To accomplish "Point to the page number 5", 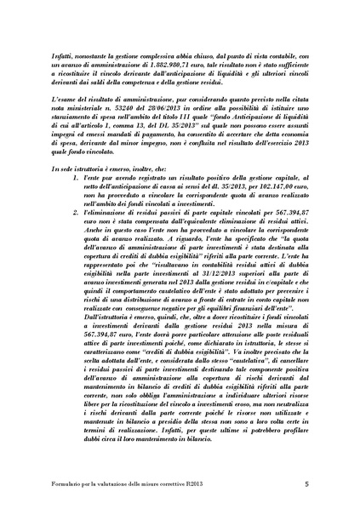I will click(x=305, y=486).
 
